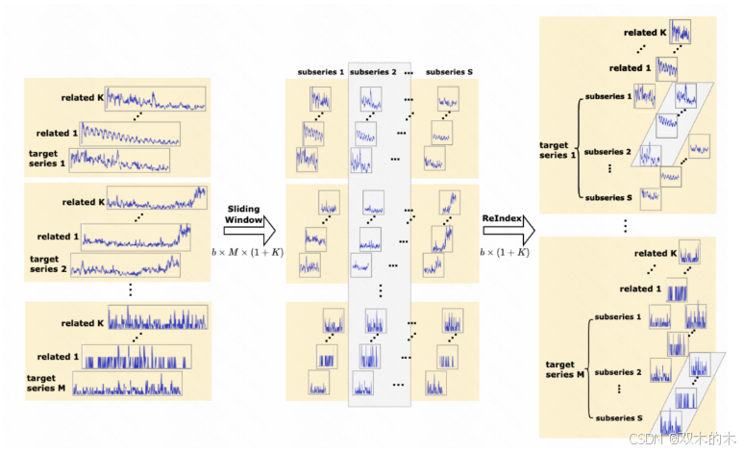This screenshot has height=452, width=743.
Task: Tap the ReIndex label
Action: pyautogui.click(x=503, y=220)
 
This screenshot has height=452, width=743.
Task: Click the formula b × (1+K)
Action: pyautogui.click(x=505, y=253)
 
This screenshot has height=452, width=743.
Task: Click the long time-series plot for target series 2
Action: pyautogui.click(x=124, y=265)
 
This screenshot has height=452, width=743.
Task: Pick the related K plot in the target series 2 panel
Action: pyautogui.click(x=157, y=199)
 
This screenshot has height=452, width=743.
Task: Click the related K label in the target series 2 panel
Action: pyautogui.click(x=81, y=203)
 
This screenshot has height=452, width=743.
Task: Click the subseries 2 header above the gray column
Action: pyautogui.click(x=373, y=72)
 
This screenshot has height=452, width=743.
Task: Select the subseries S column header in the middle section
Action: pyautogui.click(x=449, y=72)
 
